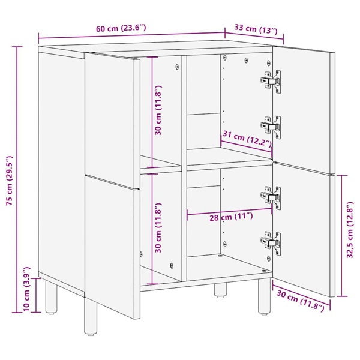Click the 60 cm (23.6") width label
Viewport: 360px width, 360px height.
click(x=121, y=28)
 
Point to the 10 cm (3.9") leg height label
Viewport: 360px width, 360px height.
click(x=26, y=289)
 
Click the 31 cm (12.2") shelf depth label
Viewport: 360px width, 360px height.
click(x=247, y=139)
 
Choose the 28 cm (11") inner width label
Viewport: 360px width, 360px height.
click(x=231, y=217)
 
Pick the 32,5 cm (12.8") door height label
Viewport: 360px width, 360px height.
click(x=350, y=230)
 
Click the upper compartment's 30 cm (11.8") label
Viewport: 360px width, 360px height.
click(x=158, y=110)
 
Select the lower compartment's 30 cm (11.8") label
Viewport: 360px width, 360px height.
click(x=158, y=227)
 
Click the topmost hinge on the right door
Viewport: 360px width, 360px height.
click(x=271, y=81)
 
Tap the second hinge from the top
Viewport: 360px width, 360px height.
click(x=271, y=127)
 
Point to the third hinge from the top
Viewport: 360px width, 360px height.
click(x=271, y=197)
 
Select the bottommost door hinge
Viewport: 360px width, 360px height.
click(x=271, y=243)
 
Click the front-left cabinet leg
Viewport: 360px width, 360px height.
click(x=91, y=316)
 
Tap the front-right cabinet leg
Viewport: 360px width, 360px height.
click(x=264, y=296)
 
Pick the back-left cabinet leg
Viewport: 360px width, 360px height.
click(x=51, y=297)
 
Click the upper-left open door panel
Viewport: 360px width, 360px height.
click(x=112, y=121)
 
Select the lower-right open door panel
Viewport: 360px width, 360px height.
click(x=304, y=230)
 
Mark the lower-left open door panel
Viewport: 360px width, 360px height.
click(x=112, y=247)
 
